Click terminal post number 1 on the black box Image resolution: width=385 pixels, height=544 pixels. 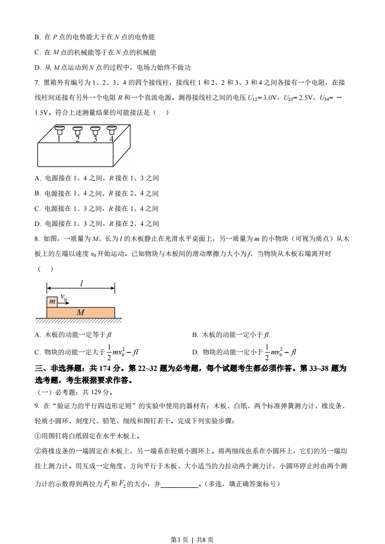click(x=59, y=130)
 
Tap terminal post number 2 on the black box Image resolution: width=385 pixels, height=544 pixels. click(x=77, y=130)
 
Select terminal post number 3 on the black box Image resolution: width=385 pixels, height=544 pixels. click(x=95, y=130)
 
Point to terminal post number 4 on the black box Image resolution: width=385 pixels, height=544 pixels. click(x=112, y=130)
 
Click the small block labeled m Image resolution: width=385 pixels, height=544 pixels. click(x=51, y=302)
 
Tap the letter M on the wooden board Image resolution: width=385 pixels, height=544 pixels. click(x=81, y=313)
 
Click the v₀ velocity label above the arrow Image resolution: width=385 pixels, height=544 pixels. click(x=64, y=296)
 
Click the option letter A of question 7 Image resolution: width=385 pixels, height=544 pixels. click(x=37, y=178)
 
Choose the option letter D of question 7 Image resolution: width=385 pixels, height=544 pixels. click(x=37, y=224)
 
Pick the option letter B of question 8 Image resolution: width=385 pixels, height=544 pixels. click(x=195, y=335)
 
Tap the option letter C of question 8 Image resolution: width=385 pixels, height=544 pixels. click(x=37, y=352)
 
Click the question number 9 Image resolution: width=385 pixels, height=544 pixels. click(x=36, y=405)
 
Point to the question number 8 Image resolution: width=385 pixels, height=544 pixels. click(x=36, y=239)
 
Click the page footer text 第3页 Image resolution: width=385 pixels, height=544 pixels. click(x=180, y=526)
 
